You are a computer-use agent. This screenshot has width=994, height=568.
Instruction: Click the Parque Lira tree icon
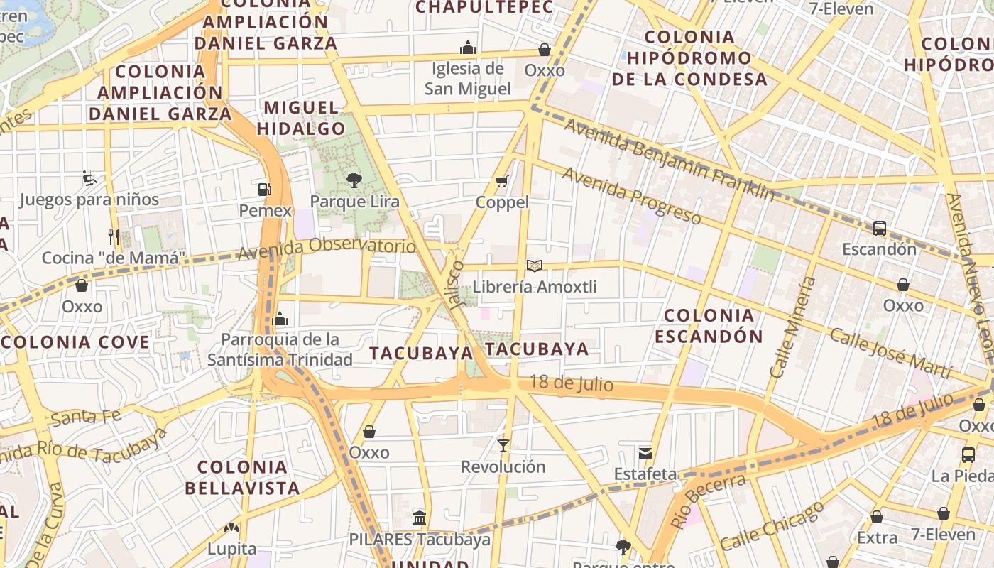pyautogui.click(x=354, y=180)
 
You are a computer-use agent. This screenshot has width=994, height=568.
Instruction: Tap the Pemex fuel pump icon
pyautogui.click(x=264, y=190)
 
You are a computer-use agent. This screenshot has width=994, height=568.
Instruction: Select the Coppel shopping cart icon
pyautogui.click(x=502, y=182)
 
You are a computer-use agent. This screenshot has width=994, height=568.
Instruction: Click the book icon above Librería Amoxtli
pyautogui.click(x=535, y=266)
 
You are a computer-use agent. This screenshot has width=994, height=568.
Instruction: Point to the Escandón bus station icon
pyautogui.click(x=879, y=229)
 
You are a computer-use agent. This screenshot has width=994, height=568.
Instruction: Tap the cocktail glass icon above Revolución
pyautogui.click(x=503, y=446)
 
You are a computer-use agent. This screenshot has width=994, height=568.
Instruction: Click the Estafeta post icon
pyautogui.click(x=645, y=453)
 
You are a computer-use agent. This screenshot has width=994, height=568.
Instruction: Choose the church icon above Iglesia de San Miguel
pyautogui.click(x=467, y=48)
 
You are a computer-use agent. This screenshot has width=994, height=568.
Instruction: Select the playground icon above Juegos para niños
pyautogui.click(x=89, y=177)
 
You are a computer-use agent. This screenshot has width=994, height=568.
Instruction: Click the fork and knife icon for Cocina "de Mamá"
pyautogui.click(x=114, y=236)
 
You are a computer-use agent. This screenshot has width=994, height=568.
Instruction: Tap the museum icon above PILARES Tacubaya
pyautogui.click(x=420, y=518)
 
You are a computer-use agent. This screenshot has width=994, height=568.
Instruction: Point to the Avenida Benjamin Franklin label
pyautogui.click(x=669, y=159)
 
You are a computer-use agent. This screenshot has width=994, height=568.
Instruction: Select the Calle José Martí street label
pyautogui.click(x=890, y=353)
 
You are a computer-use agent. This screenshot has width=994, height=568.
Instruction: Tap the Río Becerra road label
pyautogui.click(x=708, y=501)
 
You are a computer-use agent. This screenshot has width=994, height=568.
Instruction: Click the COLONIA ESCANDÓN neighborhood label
pyautogui.click(x=709, y=325)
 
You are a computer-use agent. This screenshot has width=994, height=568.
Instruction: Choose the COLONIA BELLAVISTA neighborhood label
pyautogui.click(x=242, y=477)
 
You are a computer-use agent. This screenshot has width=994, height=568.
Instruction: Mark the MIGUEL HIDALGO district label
pyautogui.click(x=301, y=118)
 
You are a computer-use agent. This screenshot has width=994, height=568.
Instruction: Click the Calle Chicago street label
pyautogui.click(x=772, y=525)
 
